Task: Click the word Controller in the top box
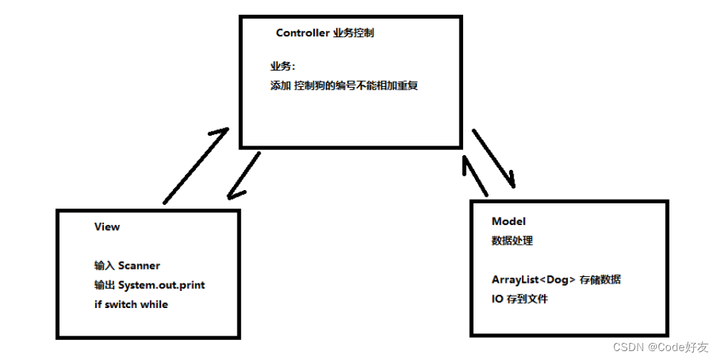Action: [303, 33]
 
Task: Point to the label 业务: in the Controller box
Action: [282, 67]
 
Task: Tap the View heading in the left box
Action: [107, 226]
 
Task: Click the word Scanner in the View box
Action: [139, 265]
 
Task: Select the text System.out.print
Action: [161, 285]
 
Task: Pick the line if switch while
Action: [131, 304]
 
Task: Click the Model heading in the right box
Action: [508, 221]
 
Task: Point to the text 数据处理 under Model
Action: [512, 240]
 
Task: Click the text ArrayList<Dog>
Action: [534, 280]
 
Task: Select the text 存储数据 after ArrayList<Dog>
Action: [601, 280]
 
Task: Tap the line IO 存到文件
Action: [520, 299]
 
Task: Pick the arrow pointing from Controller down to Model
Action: [493, 158]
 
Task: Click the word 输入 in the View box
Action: [105, 265]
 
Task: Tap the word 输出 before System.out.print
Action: [105, 285]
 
